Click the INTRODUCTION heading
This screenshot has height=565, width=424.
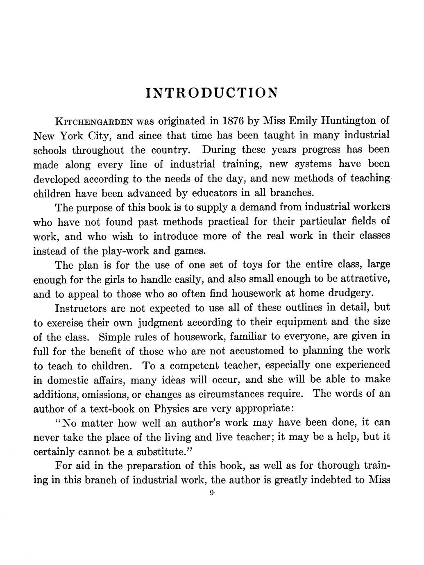pyautogui.click(x=212, y=92)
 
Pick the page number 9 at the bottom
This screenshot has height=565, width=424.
pyautogui.click(x=212, y=494)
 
